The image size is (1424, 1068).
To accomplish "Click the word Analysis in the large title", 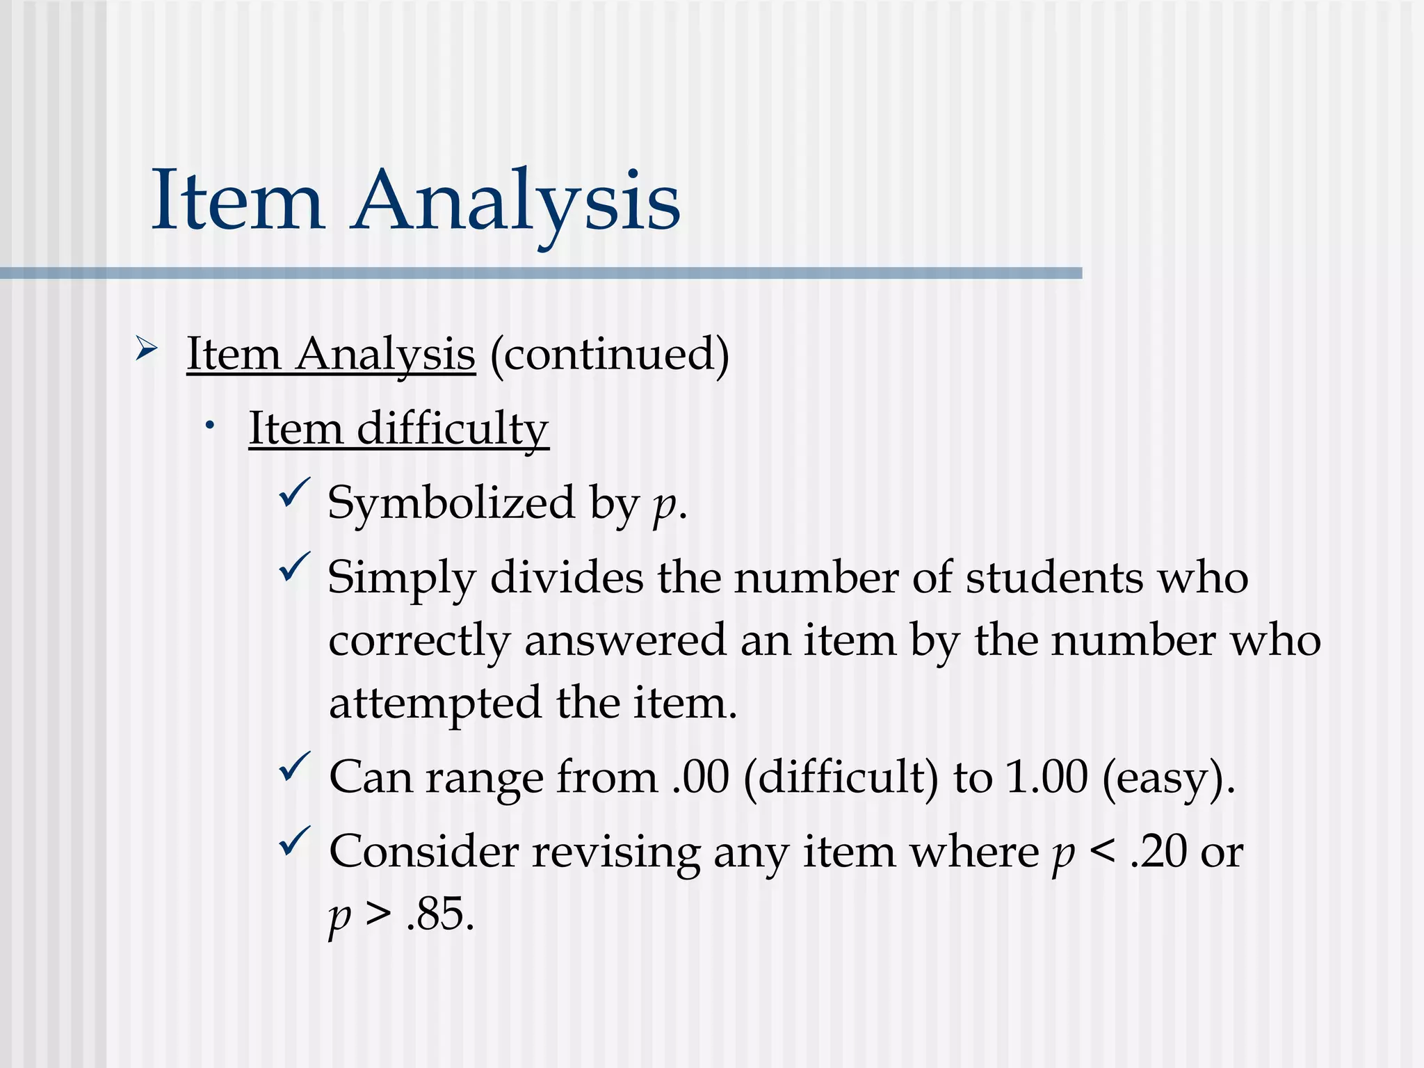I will (516, 202).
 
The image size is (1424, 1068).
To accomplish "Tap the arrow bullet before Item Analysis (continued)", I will (146, 347).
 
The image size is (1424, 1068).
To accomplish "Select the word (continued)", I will (609, 355).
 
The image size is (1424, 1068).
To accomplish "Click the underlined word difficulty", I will (453, 429).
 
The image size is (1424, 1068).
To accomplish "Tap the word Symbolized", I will (451, 503).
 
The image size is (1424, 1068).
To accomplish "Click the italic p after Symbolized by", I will (663, 505).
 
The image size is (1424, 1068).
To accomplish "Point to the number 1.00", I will (1046, 777).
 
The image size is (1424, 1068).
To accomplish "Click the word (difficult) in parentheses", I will (841, 777).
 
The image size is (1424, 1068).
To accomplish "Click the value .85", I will (440, 914).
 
